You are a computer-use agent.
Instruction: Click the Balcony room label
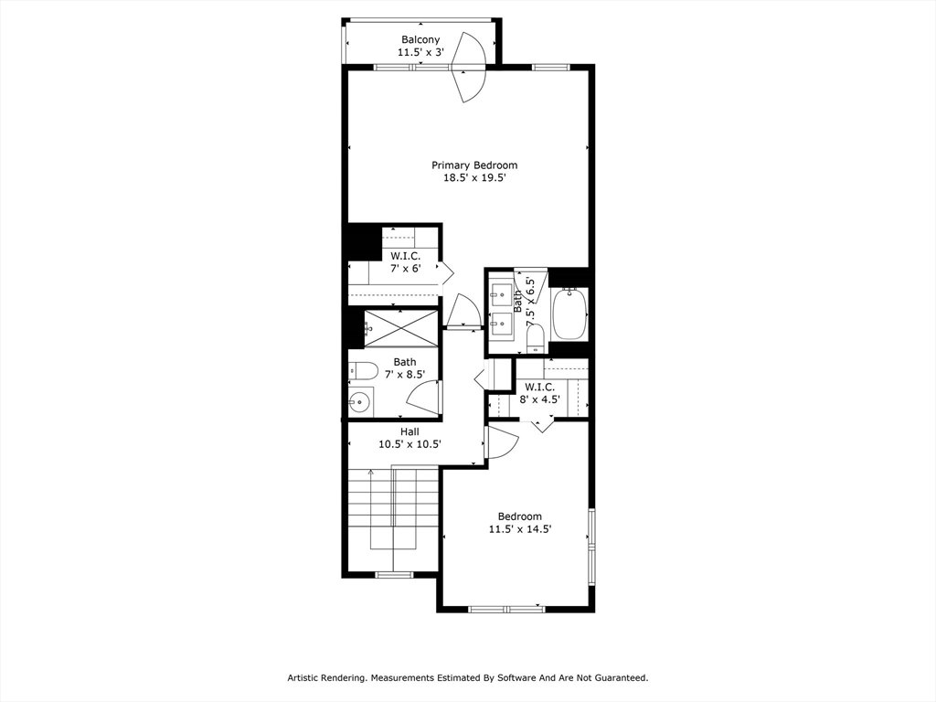[x=420, y=39]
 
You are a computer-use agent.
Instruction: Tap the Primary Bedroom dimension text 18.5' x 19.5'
[x=474, y=177]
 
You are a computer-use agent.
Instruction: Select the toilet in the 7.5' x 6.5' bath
[x=536, y=339]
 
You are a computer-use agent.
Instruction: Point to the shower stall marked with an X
[x=401, y=327]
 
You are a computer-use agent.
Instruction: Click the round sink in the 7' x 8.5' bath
[x=360, y=401]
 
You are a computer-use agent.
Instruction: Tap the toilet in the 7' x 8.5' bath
[x=362, y=371]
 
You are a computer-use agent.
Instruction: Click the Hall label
[x=409, y=431]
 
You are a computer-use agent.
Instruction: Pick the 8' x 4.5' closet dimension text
[x=539, y=399]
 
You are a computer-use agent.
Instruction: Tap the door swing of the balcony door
[x=469, y=67]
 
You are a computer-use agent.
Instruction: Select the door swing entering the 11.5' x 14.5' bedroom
[x=502, y=441]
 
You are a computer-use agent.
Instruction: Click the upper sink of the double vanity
[x=502, y=292]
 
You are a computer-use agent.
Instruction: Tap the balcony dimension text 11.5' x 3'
[x=420, y=52]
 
